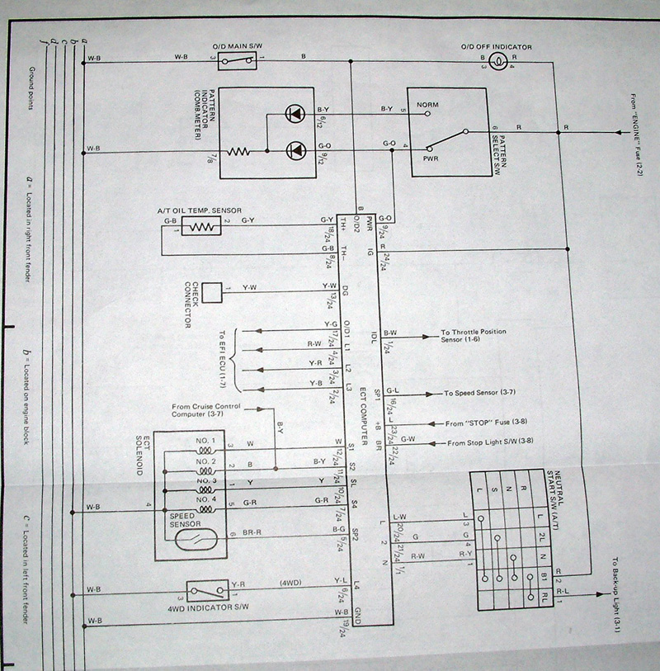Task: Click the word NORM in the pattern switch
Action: tap(427, 105)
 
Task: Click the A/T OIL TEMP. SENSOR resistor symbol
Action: tap(200, 226)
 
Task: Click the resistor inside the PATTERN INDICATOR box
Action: tap(238, 152)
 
